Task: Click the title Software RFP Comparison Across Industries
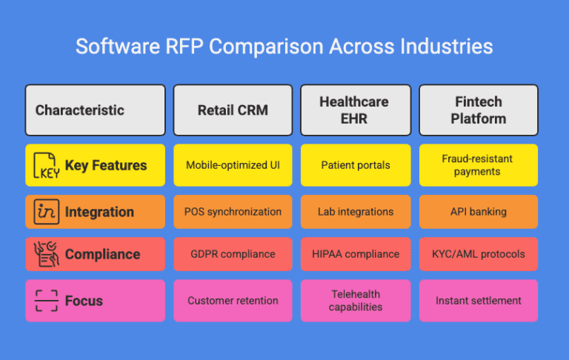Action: [284, 47]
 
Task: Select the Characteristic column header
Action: [95, 110]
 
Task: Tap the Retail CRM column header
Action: [233, 110]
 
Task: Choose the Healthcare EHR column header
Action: [355, 110]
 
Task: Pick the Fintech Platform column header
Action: [478, 110]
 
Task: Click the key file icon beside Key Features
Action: [47, 166]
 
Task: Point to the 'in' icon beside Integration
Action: [47, 212]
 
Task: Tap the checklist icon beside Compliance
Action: [47, 254]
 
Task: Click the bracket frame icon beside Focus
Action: [47, 301]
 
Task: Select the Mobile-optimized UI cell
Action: [233, 165]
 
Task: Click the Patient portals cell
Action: [355, 165]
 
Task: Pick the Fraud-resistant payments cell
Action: [478, 165]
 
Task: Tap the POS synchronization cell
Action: [233, 212]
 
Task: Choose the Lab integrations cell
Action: [355, 212]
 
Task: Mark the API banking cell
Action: [478, 212]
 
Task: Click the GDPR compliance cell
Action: [233, 254]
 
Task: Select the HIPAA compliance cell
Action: [355, 254]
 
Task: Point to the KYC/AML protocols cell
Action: [478, 254]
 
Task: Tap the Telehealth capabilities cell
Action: [355, 301]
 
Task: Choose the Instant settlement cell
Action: [478, 301]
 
